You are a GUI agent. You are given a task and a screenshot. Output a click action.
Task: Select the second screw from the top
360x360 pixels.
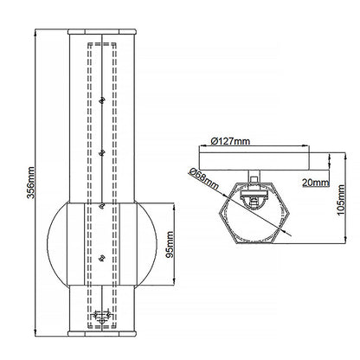[x=103, y=153]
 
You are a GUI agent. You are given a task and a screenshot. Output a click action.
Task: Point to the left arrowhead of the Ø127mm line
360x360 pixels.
[x=201, y=145]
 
